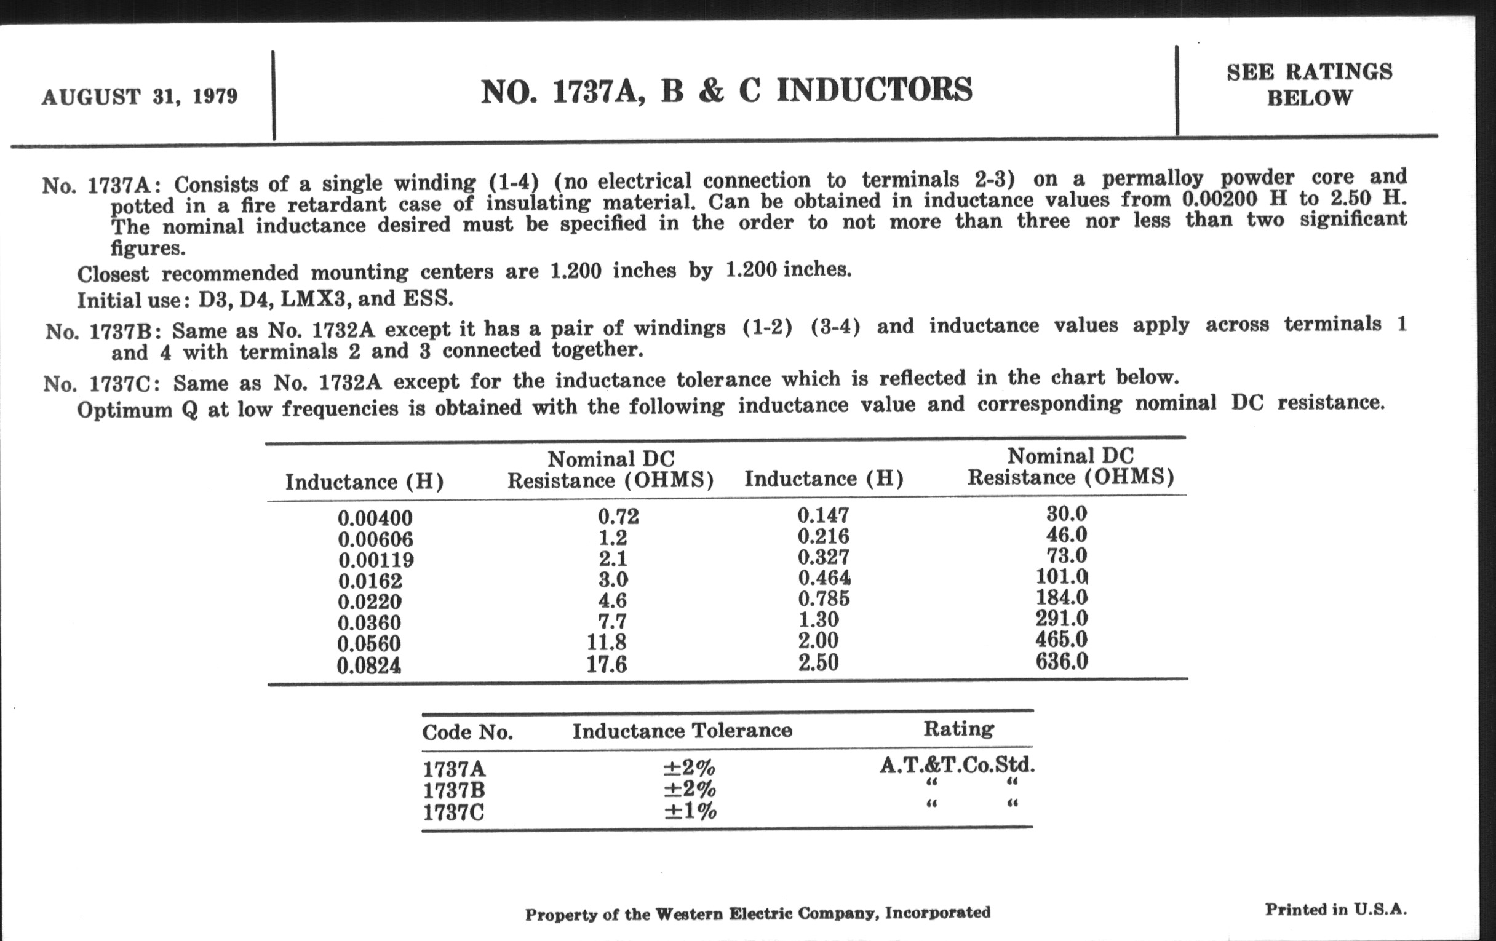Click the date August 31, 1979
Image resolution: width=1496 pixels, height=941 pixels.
pos(139,97)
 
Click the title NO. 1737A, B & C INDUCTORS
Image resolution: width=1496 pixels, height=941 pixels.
pos(726,90)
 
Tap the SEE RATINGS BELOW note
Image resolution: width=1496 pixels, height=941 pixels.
pos(1309,84)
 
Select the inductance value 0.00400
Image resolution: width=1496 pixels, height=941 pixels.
pos(375,518)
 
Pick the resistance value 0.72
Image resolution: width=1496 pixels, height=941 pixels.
pos(618,516)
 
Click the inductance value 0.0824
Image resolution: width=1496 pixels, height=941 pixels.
pos(369,666)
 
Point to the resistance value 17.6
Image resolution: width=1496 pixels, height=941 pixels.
pos(607,665)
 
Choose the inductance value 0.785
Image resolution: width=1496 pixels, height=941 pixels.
pos(824,598)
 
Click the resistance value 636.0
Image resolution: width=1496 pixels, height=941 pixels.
pos(1062,661)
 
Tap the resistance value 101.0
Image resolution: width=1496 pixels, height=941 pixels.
pos(1062,576)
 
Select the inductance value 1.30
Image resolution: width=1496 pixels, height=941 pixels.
pos(818,619)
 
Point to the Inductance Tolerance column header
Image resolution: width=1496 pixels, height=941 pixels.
pos(682,731)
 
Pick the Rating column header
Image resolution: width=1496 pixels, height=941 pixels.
pos(958,728)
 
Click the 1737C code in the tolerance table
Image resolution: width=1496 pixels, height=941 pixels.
pos(453,812)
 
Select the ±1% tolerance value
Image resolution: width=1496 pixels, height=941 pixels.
pos(690,811)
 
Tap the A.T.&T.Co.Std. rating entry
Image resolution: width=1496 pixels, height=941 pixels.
pos(957,764)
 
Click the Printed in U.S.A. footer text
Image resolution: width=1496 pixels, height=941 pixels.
pos(1335,910)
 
